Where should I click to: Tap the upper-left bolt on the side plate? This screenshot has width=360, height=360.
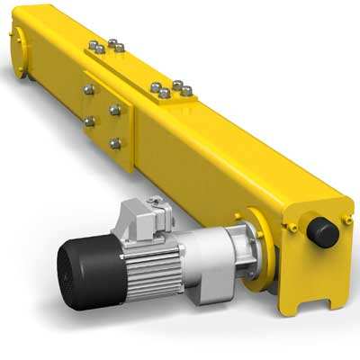point(88,89)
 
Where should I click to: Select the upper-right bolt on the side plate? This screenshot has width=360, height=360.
point(115,110)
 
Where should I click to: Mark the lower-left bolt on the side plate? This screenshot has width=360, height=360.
point(89,120)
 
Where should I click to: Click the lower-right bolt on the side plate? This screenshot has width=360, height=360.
point(115,142)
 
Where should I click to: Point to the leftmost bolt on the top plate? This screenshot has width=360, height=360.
point(91,46)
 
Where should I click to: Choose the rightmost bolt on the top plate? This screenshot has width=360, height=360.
point(187,90)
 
